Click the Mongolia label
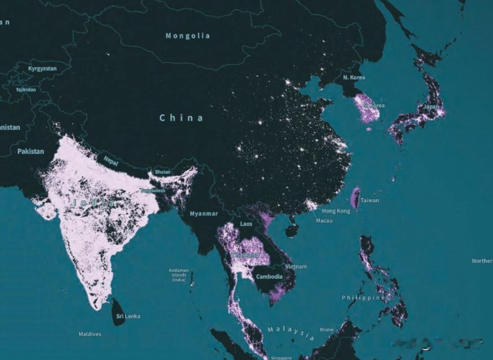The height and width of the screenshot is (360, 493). click(x=188, y=36)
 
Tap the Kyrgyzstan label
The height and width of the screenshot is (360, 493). click(x=42, y=69)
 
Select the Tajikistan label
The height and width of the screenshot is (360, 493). click(x=26, y=90)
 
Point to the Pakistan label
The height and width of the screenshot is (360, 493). click(x=30, y=151)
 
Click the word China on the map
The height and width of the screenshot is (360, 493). click(x=181, y=118)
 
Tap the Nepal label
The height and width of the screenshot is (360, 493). click(x=111, y=161)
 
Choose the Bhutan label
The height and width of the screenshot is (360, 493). click(x=163, y=172)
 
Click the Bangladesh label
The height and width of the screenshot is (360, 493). click(x=153, y=191)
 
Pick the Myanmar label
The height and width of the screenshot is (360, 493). click(x=204, y=214)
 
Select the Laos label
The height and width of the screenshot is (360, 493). click(x=246, y=224)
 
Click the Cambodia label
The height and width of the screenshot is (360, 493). click(x=269, y=276)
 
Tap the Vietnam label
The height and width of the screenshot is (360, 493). click(x=296, y=266)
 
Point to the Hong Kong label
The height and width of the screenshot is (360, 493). click(x=336, y=211)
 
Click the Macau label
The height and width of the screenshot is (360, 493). click(x=324, y=221)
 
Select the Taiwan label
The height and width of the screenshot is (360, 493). click(x=370, y=200)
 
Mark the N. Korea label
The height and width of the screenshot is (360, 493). click(x=354, y=77)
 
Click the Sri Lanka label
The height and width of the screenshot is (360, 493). click(x=128, y=316)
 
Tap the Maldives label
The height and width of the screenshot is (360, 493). click(x=90, y=334)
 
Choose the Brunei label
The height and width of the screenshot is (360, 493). click(x=327, y=330)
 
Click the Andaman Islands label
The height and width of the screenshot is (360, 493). click(x=179, y=275)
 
